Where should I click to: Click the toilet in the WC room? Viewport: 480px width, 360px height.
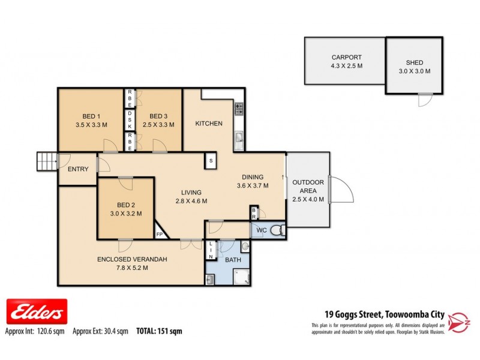tap(277, 230)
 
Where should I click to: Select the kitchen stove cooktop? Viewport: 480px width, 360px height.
tap(238, 109)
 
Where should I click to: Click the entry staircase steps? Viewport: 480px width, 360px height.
tap(46, 161)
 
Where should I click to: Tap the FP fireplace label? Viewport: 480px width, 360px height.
tap(160, 234)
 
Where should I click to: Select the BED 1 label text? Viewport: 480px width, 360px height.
tap(92, 116)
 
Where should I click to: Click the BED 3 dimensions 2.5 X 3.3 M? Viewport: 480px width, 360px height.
tap(158, 125)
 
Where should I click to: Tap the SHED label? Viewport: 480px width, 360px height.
tap(414, 62)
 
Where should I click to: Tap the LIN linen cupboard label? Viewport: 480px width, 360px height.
tap(211, 250)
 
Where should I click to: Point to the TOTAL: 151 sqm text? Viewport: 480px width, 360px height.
tap(160, 331)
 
